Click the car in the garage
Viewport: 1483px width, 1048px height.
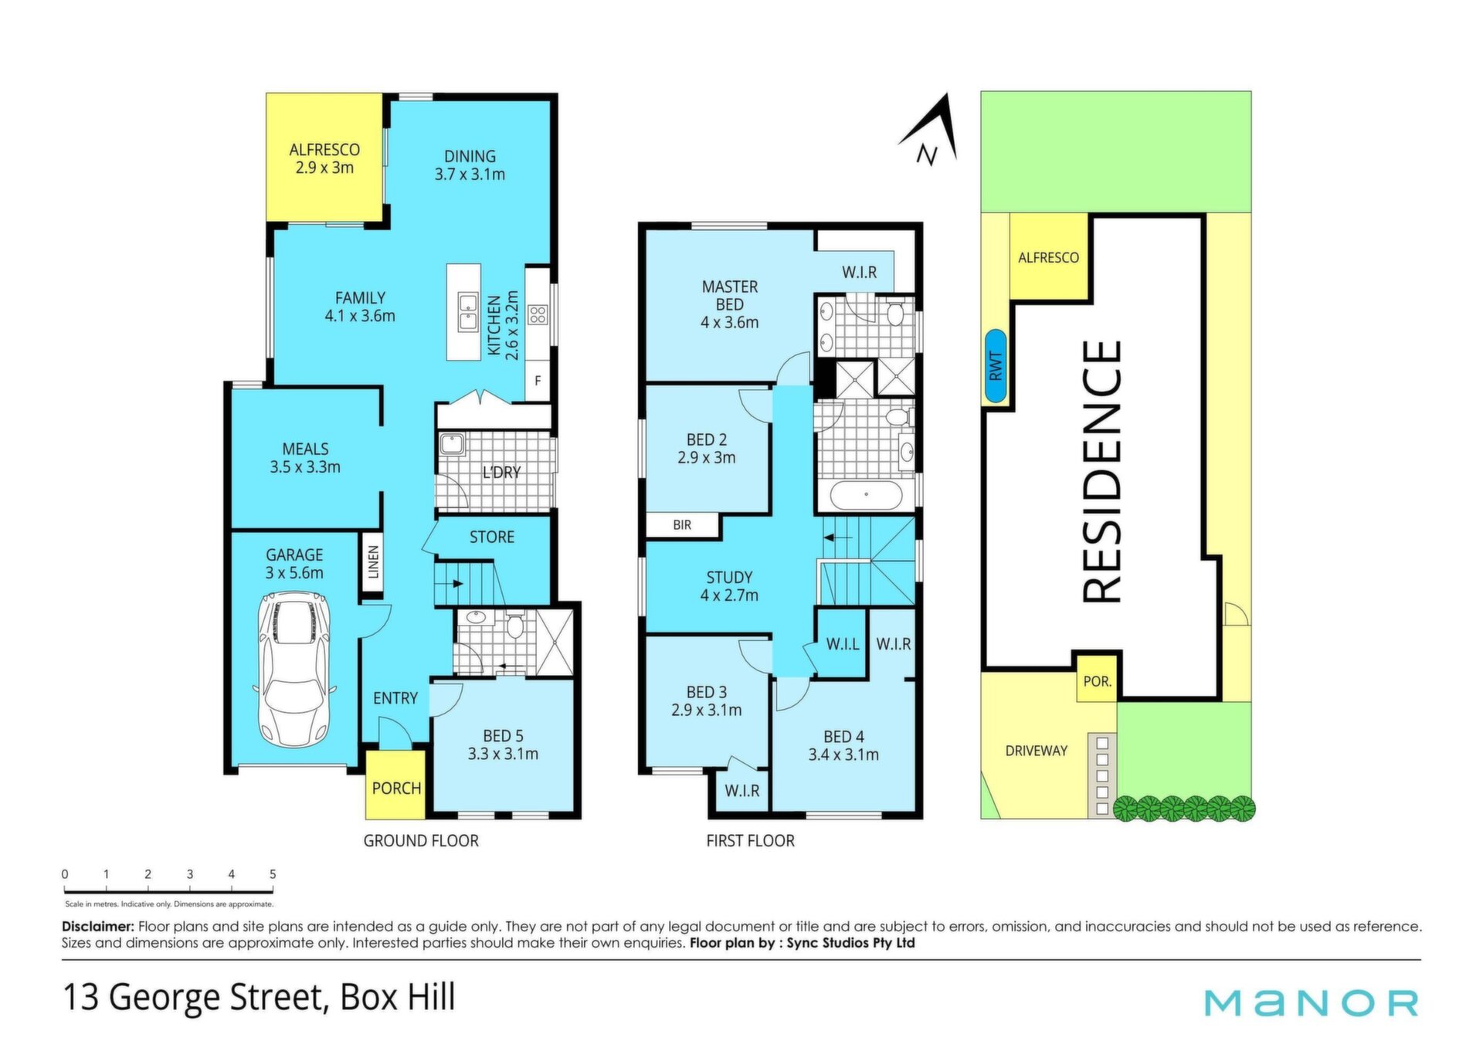click(x=295, y=669)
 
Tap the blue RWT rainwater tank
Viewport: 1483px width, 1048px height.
click(x=995, y=366)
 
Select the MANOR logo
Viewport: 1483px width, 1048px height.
click(x=1312, y=1002)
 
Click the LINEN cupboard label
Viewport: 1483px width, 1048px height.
click(x=374, y=562)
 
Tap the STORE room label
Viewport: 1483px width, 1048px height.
click(x=492, y=537)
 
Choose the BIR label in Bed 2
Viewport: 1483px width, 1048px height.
click(x=682, y=525)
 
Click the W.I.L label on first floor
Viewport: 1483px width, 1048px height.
click(x=843, y=644)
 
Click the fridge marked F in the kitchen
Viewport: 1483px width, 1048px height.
click(x=538, y=381)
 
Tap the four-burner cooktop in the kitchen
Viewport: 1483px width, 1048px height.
click(x=538, y=315)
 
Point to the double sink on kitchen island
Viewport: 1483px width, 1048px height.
click(x=467, y=312)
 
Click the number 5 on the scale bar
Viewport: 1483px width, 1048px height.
click(x=273, y=874)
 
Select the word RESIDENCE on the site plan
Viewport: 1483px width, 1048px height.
click(x=1101, y=471)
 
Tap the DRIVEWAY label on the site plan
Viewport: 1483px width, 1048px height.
click(x=1037, y=751)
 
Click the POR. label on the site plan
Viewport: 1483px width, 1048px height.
click(x=1098, y=682)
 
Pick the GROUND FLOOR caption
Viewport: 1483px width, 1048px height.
click(x=421, y=840)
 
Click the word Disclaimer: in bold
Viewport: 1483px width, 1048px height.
click(x=98, y=926)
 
